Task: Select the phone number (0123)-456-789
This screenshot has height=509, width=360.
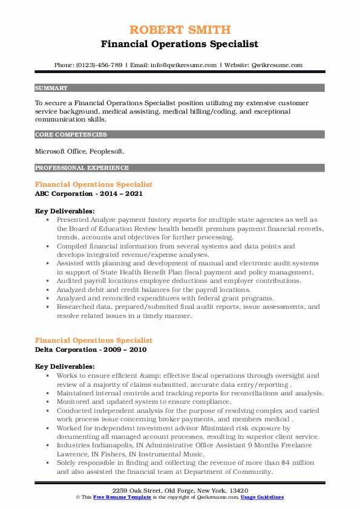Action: coord(102,65)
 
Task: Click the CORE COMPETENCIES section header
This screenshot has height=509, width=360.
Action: coord(71,135)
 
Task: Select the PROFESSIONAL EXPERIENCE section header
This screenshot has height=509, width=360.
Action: coord(81,167)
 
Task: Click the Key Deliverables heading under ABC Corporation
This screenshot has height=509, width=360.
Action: coord(64,211)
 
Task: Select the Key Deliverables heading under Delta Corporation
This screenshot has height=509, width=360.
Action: coord(64,366)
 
